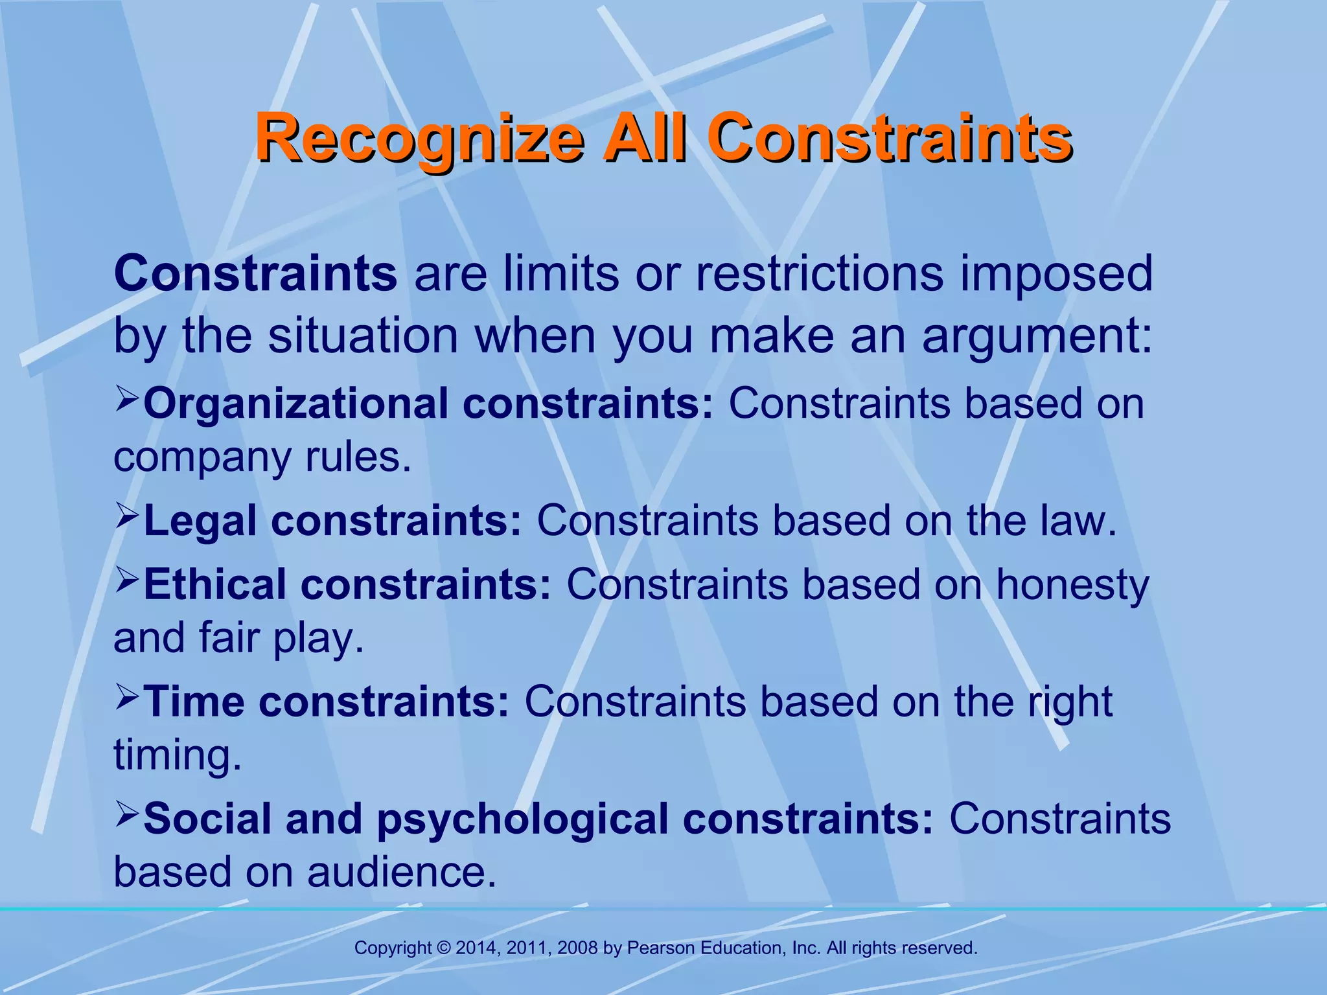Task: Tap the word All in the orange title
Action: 644,137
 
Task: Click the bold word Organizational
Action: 295,404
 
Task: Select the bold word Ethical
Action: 214,584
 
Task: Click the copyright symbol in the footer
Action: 444,948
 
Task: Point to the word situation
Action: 363,337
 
